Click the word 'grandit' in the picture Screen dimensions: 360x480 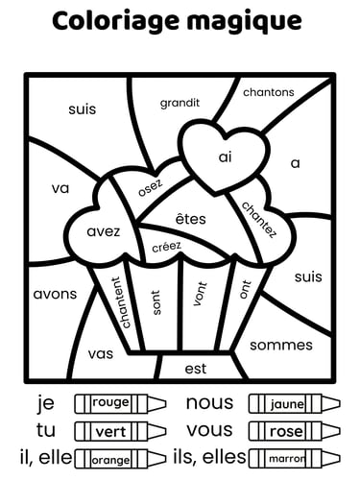180,102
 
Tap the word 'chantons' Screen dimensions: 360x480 269,92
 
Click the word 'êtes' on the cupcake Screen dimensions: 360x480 191,219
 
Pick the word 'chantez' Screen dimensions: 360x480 258,219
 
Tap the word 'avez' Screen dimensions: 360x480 103,231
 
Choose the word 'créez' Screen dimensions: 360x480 167,247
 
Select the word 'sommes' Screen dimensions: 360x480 280,345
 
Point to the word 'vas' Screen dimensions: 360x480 100,353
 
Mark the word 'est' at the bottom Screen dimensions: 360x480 195,368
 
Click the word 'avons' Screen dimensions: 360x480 55,294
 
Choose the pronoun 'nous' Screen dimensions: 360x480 209,402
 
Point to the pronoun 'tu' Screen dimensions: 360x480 46,430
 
